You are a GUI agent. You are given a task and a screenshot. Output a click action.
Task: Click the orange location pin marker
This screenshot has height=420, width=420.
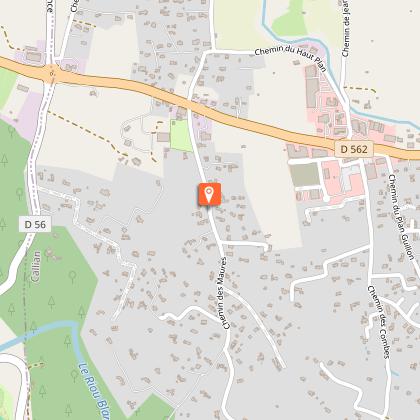pyautogui.click(x=209, y=194)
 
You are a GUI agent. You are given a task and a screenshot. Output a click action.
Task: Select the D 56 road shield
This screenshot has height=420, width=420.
pyautogui.click(x=34, y=225)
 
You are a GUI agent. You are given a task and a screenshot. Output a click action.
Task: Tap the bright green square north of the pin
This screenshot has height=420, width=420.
pyautogui.click(x=181, y=136)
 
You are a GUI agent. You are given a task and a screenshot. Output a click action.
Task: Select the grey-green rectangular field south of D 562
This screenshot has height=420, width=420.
pyautogui.click(x=306, y=174)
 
